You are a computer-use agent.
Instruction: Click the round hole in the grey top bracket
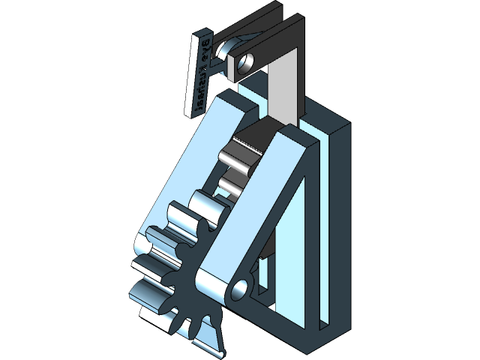point(245,64)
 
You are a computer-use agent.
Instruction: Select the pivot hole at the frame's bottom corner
point(239,289)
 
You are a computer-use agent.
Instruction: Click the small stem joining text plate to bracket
point(217,68)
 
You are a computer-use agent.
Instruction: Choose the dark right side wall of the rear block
point(340,225)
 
